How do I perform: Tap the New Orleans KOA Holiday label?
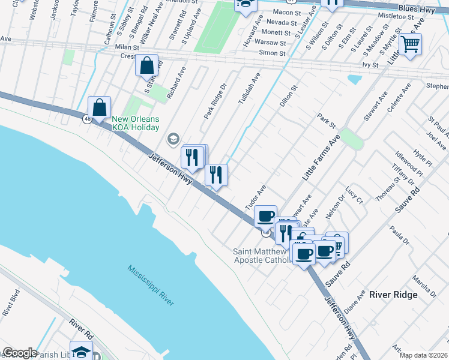pyautogui.click(x=135, y=123)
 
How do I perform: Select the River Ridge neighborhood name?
pyautogui.click(x=393, y=295)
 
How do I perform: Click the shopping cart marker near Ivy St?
pyautogui.click(x=411, y=43)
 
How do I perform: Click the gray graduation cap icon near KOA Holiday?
pyautogui.click(x=173, y=139)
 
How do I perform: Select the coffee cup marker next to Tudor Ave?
pyautogui.click(x=265, y=216)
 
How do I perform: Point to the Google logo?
pyautogui.click(x=19, y=353)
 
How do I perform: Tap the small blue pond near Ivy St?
pyautogui.click(x=355, y=79)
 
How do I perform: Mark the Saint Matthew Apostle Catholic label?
pyautogui.click(x=262, y=256)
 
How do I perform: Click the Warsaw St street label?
pyautogui.click(x=268, y=43)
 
